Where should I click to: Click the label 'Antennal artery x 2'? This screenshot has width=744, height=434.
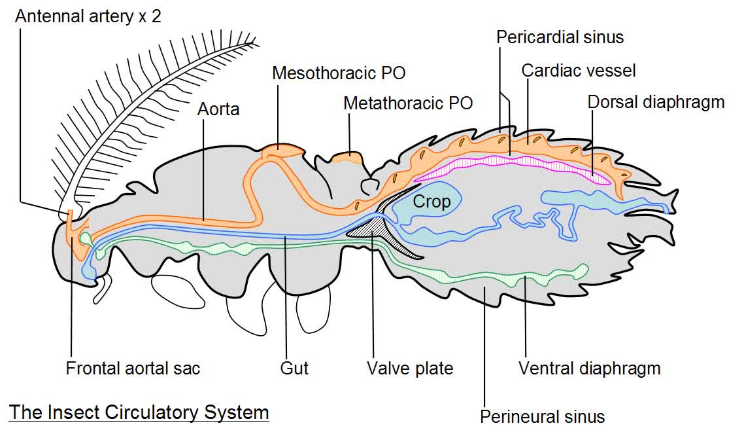pyautogui.click(x=88, y=16)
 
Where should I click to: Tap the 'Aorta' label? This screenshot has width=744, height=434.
pyautogui.click(x=218, y=109)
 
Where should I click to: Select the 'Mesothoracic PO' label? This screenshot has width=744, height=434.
pyautogui.click(x=339, y=73)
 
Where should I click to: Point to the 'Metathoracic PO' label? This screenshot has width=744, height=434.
pyautogui.click(x=408, y=103)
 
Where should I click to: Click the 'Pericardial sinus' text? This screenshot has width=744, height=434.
pyautogui.click(x=560, y=37)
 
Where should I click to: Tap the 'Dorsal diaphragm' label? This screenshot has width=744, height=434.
pyautogui.click(x=656, y=102)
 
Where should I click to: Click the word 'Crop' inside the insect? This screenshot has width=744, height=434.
pyautogui.click(x=431, y=202)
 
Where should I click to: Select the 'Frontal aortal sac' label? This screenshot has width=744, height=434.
pyautogui.click(x=133, y=368)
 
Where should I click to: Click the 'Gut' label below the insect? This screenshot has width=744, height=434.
pyautogui.click(x=294, y=368)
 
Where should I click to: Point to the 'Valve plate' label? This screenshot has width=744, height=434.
pyautogui.click(x=410, y=368)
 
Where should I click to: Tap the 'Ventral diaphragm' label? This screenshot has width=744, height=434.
pyautogui.click(x=589, y=368)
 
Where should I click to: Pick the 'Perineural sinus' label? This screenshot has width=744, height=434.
pyautogui.click(x=543, y=416)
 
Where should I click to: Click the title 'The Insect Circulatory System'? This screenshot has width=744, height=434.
pyautogui.click(x=139, y=412)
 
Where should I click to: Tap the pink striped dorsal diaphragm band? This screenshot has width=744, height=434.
pyautogui.click(x=510, y=164)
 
